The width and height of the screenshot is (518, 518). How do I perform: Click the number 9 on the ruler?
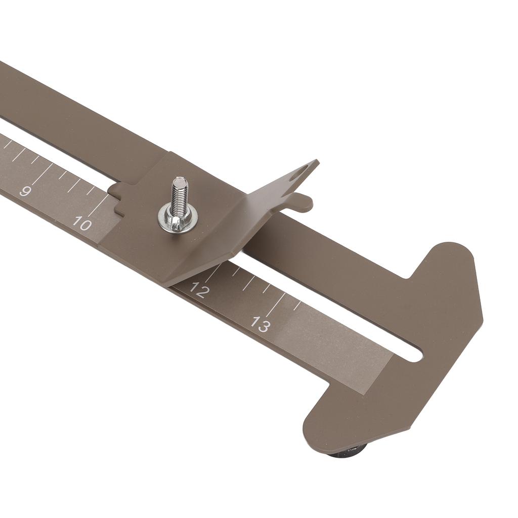pyautogui.click(x=25, y=191)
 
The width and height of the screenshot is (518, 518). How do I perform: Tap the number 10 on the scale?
pyautogui.click(x=81, y=223)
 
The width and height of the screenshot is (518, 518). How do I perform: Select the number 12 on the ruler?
pyautogui.click(x=199, y=290)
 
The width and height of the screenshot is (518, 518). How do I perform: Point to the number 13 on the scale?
pyautogui.click(x=261, y=324)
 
